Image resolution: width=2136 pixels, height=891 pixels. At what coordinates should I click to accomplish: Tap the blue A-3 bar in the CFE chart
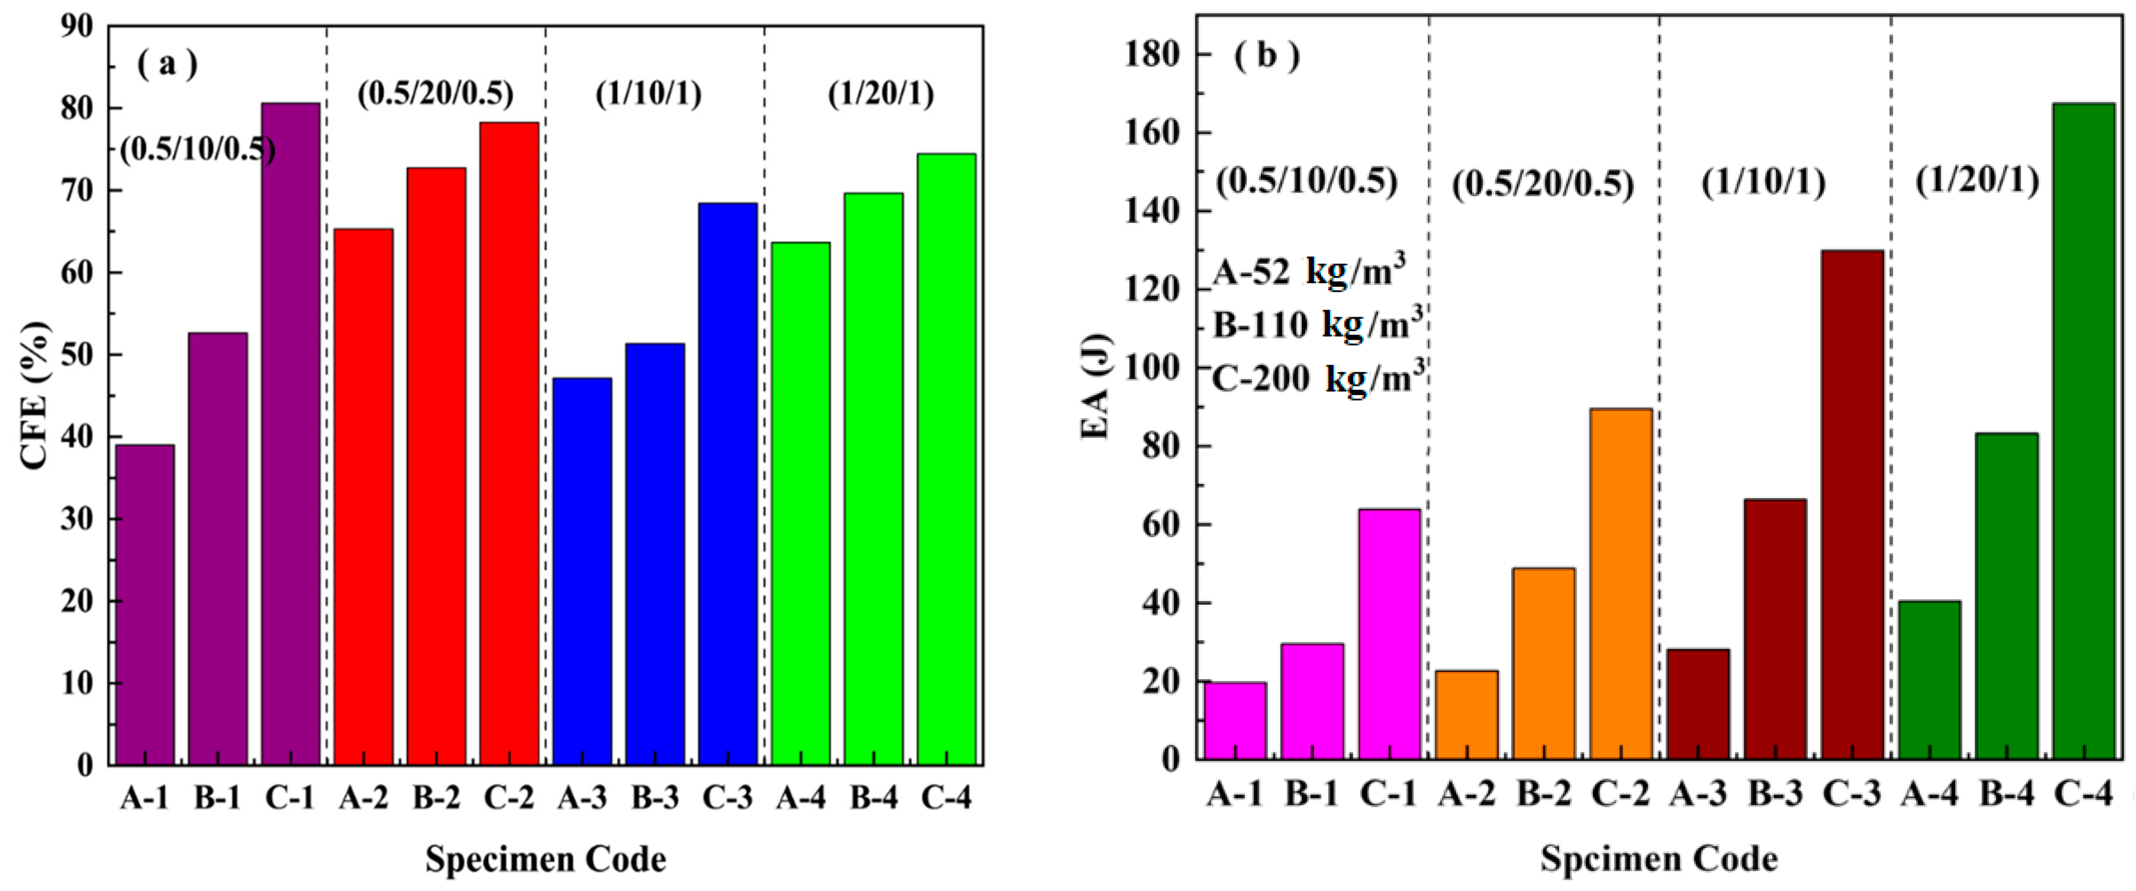click(x=582, y=571)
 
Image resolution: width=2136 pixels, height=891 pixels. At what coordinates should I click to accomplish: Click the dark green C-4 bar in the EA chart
click(x=2083, y=431)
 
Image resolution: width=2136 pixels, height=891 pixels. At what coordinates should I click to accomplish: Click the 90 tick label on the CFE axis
click(x=77, y=26)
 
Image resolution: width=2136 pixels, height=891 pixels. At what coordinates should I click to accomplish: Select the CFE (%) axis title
click(x=35, y=396)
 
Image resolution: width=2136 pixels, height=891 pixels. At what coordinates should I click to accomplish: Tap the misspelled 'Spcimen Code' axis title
click(x=1659, y=859)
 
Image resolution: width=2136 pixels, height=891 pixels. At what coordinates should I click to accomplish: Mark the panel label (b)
click(x=1266, y=56)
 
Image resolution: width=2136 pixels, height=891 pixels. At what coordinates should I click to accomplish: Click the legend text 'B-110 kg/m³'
click(x=1317, y=324)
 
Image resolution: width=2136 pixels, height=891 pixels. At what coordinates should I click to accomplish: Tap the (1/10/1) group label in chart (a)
click(x=648, y=94)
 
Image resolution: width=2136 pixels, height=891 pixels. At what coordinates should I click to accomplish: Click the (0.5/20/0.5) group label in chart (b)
click(x=1542, y=184)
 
